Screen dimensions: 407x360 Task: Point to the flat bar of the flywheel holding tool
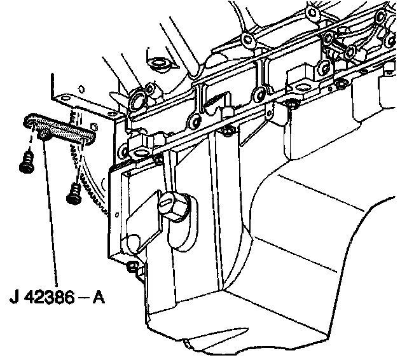click(x=60, y=128)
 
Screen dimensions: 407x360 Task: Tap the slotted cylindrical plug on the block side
click(x=174, y=206)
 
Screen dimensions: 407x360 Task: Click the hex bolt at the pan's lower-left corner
click(x=133, y=267)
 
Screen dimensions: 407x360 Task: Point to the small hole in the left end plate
click(x=117, y=214)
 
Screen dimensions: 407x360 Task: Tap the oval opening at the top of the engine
click(x=158, y=63)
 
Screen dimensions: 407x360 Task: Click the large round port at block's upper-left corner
click(x=137, y=100)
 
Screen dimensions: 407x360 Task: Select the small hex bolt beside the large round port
click(x=150, y=89)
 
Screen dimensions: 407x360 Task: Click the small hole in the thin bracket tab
click(x=270, y=113)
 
